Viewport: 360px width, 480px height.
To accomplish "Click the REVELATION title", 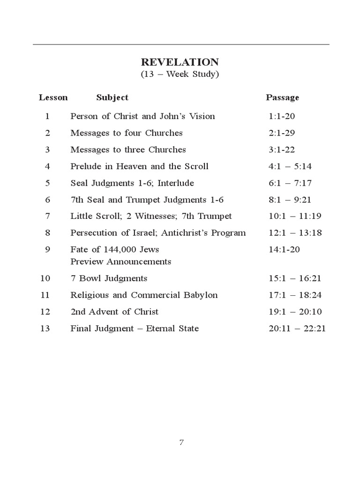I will [180, 62].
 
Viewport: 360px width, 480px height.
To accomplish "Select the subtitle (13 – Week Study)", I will [180, 75].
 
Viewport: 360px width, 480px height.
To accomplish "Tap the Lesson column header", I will [53, 97].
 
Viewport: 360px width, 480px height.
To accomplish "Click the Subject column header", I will [112, 97].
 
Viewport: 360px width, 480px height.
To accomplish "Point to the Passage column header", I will [282, 97].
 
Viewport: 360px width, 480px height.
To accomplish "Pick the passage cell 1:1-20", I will [282, 116].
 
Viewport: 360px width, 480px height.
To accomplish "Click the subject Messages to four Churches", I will [127, 133].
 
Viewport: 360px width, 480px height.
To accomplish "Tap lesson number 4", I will [47, 166].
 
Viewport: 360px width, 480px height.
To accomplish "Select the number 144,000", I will [114, 250].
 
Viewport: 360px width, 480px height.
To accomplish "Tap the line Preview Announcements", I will [120, 262].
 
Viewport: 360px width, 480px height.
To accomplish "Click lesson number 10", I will [45, 278].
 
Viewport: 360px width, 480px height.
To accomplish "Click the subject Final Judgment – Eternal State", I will [135, 329].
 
